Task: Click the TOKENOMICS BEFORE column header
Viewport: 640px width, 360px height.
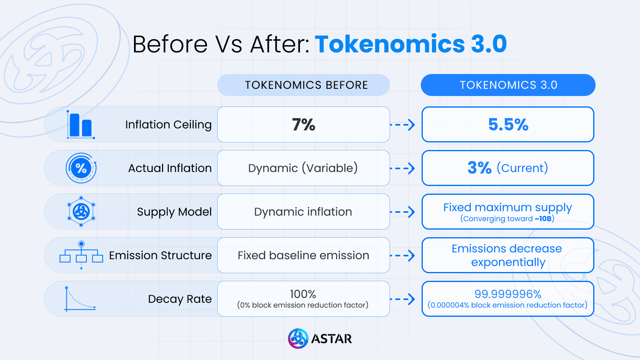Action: pyautogui.click(x=304, y=85)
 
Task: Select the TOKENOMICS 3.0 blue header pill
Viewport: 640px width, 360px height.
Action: pyautogui.click(x=508, y=85)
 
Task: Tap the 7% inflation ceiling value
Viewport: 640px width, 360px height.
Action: pyautogui.click(x=304, y=124)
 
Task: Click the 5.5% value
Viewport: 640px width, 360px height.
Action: pyautogui.click(x=508, y=124)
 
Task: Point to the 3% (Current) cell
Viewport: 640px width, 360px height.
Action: pyautogui.click(x=508, y=168)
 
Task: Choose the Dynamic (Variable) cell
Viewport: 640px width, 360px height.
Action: pyautogui.click(x=303, y=168)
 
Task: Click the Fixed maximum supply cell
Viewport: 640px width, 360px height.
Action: pyautogui.click(x=508, y=211)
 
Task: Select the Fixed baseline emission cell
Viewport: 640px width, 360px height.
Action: pyautogui.click(x=303, y=255)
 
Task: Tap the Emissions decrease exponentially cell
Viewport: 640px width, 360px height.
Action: pyautogui.click(x=508, y=255)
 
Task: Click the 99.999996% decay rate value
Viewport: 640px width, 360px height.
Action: pyautogui.click(x=508, y=294)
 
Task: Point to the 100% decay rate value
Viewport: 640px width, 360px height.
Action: pyautogui.click(x=303, y=294)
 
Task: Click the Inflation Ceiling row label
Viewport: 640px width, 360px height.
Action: pyautogui.click(x=168, y=124)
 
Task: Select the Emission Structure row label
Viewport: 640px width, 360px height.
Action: pyautogui.click(x=160, y=255)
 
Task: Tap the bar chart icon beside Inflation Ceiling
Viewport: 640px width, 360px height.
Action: pyautogui.click(x=81, y=125)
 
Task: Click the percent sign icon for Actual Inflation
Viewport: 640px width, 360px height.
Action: pyautogui.click(x=81, y=168)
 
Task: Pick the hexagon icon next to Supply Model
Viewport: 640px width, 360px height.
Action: pyautogui.click(x=81, y=212)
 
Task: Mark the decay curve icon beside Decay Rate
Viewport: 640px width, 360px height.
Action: pyautogui.click(x=80, y=299)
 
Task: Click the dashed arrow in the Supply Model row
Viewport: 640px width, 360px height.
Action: pyautogui.click(x=403, y=212)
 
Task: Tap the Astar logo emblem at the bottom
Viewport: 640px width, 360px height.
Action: pyautogui.click(x=298, y=339)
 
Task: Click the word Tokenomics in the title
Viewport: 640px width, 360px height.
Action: pyautogui.click(x=390, y=44)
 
